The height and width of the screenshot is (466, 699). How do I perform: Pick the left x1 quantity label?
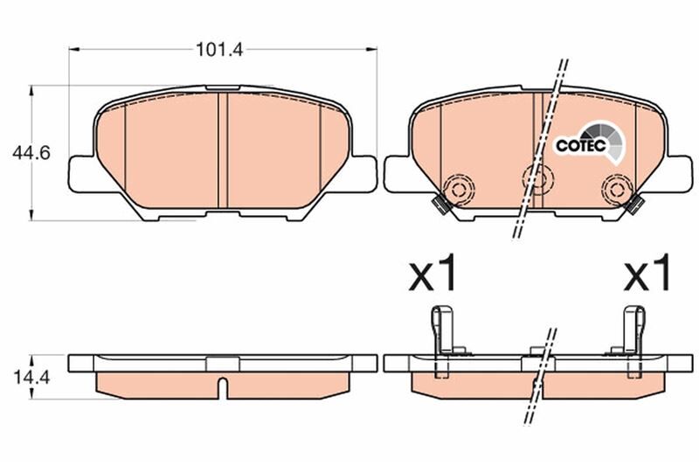434,275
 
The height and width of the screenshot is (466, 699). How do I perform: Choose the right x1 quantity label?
647,275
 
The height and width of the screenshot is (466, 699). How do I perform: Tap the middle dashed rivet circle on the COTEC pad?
535,178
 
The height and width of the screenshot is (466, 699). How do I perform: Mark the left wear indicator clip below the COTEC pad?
441,205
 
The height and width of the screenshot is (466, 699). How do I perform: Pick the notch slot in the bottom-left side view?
223,386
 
